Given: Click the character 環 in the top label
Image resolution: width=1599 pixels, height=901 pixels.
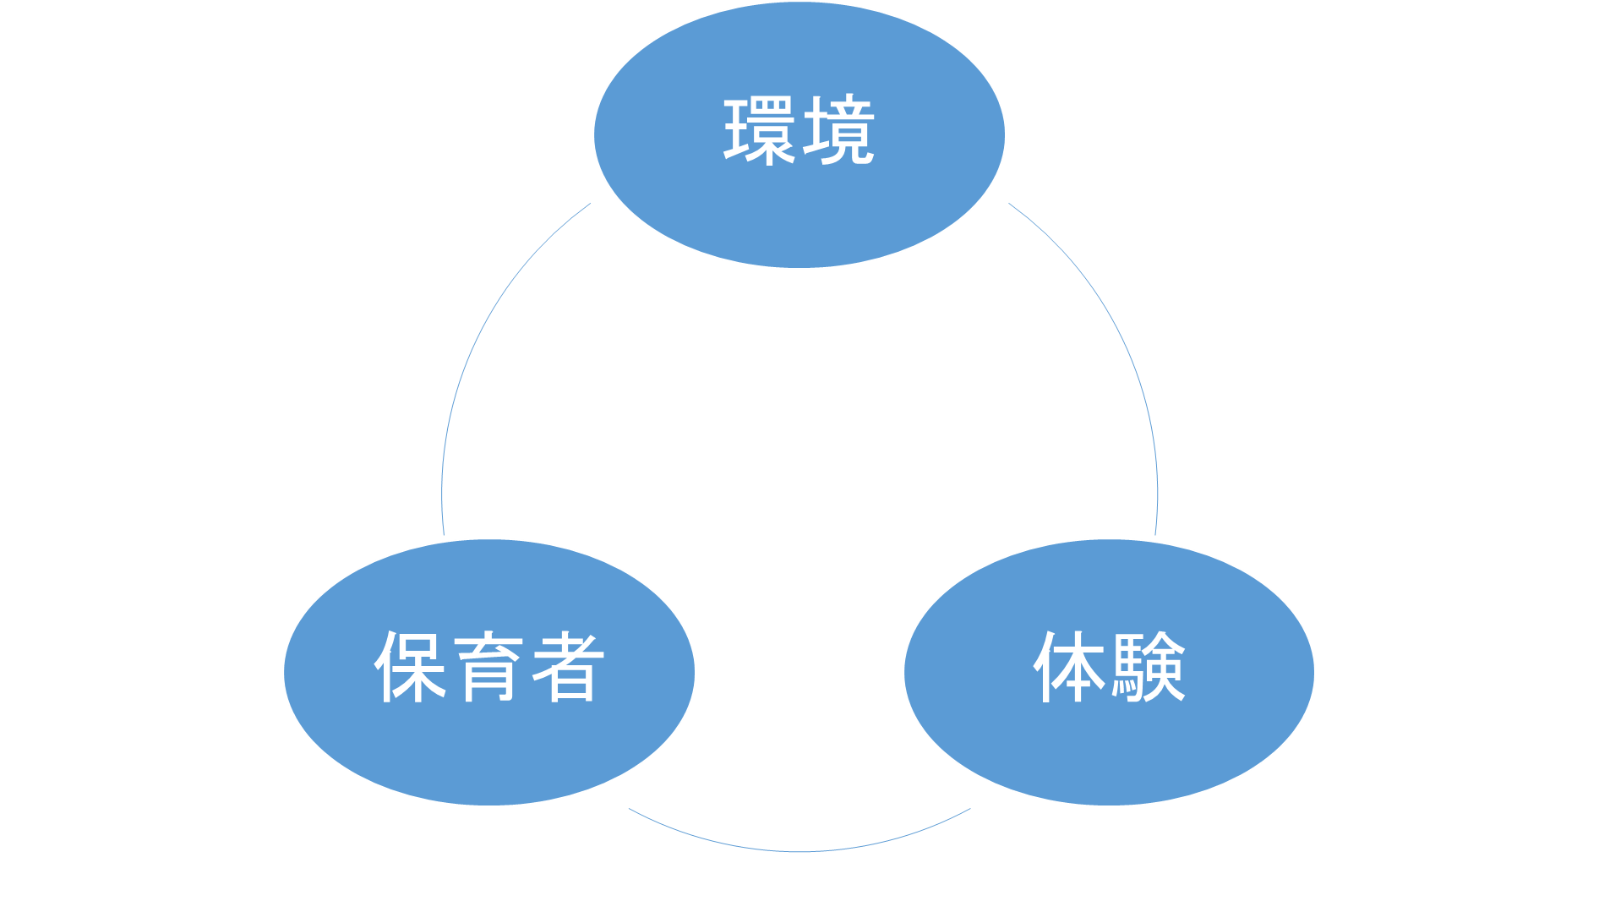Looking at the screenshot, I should tap(758, 130).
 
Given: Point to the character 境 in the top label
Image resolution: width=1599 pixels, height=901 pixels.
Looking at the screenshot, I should tap(838, 130).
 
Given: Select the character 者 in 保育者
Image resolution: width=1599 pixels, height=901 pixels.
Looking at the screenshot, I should tap(567, 667).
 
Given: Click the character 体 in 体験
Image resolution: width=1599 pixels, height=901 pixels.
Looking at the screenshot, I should tap(1070, 667).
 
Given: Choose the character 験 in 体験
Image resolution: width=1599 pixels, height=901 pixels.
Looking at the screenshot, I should tap(1149, 667).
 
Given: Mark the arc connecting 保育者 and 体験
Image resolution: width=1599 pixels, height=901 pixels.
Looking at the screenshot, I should tap(799, 851).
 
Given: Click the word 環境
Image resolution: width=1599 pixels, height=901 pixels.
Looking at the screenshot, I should tap(799, 130).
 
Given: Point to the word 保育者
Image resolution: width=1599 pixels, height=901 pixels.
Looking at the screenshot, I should tap(488, 667).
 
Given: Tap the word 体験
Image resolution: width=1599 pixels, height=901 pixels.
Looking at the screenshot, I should tap(1109, 667).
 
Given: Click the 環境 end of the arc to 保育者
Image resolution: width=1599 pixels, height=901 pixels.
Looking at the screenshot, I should tap(590, 204).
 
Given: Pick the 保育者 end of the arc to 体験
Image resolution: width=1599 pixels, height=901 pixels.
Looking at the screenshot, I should tap(630, 810).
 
